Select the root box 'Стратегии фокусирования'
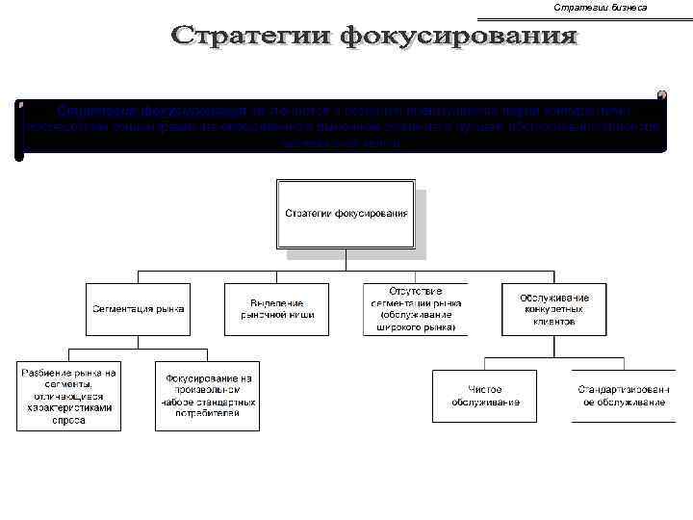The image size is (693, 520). click(346, 213)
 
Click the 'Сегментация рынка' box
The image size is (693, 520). click(139, 309)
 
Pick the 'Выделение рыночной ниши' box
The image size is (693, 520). click(277, 309)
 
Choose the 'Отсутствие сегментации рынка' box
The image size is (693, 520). click(415, 309)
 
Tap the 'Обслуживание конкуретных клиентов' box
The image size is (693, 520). click(553, 309)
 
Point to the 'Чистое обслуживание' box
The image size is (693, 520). click(485, 396)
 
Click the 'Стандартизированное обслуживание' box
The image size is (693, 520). click(622, 396)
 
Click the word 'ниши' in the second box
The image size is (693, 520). click(303, 315)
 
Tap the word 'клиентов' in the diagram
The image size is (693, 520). click(553, 323)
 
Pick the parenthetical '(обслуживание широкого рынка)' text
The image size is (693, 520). click(415, 321)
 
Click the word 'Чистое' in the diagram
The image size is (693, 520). click(485, 389)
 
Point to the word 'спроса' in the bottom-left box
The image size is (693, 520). click(67, 420)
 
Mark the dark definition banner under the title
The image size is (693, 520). click(342, 125)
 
